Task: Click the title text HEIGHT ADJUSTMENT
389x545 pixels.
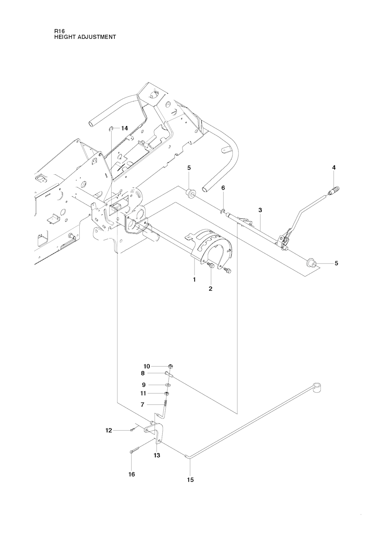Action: click(x=85, y=37)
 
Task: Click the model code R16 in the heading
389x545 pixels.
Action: click(x=59, y=32)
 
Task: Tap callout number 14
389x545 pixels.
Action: click(x=124, y=128)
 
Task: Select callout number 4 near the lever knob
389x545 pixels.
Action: click(x=334, y=167)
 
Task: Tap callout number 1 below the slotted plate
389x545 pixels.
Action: click(x=194, y=280)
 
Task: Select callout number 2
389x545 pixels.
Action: click(x=210, y=289)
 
